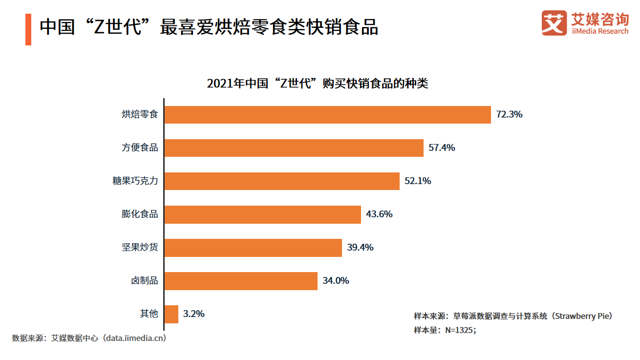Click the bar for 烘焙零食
(327, 115)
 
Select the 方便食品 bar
(294, 148)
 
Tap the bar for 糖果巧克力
(282, 181)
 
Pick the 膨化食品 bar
(262, 214)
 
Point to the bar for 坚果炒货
(253, 248)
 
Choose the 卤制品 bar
(241, 281)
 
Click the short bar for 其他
(171, 314)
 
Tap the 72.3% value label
(509, 115)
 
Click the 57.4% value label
(442, 148)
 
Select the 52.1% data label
(418, 181)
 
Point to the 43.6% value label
(379, 214)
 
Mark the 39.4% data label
(360, 248)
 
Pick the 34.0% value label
(336, 281)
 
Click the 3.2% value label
(193, 314)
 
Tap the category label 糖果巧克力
(135, 181)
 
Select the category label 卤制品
(144, 281)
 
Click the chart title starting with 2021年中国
(317, 83)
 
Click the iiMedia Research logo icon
(554, 23)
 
